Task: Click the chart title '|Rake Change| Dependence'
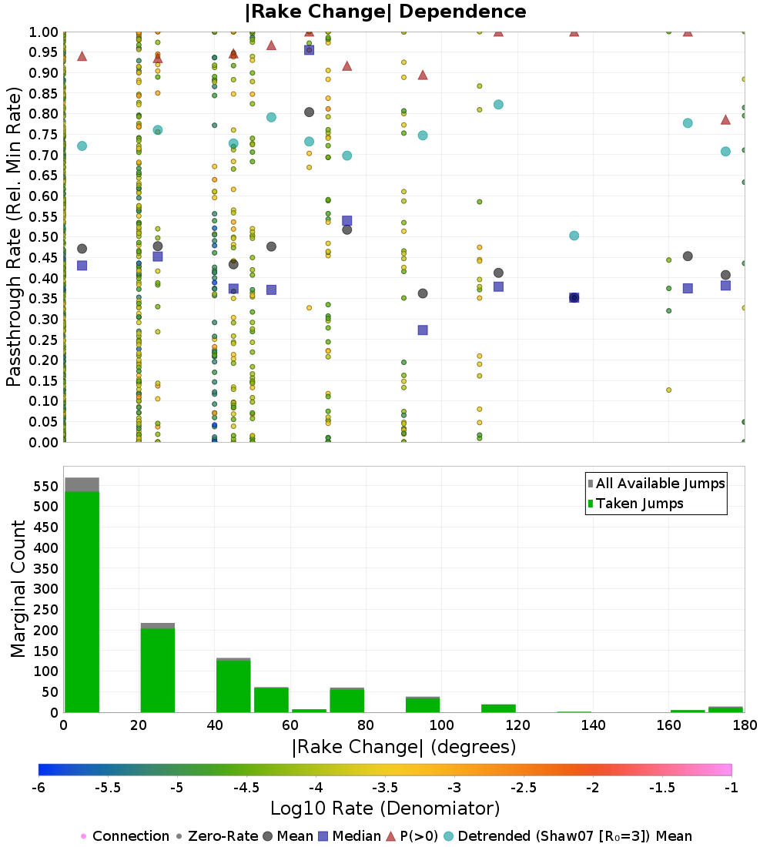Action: [385, 12]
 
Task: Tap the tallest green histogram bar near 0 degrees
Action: [82, 602]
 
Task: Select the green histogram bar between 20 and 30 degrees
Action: [158, 671]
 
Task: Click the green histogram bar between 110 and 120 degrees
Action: [498, 708]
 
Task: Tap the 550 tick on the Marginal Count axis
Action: [46, 486]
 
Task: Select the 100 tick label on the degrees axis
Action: [441, 725]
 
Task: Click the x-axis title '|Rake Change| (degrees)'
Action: [403, 747]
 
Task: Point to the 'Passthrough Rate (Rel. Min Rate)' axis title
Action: [14, 237]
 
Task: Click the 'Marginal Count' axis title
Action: [18, 589]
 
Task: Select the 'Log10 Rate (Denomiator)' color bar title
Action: [385, 808]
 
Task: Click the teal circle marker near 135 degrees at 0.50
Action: [574, 236]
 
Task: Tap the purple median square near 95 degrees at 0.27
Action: [423, 330]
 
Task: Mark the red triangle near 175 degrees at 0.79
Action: [725, 120]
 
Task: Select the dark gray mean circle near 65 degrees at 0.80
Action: [309, 112]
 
